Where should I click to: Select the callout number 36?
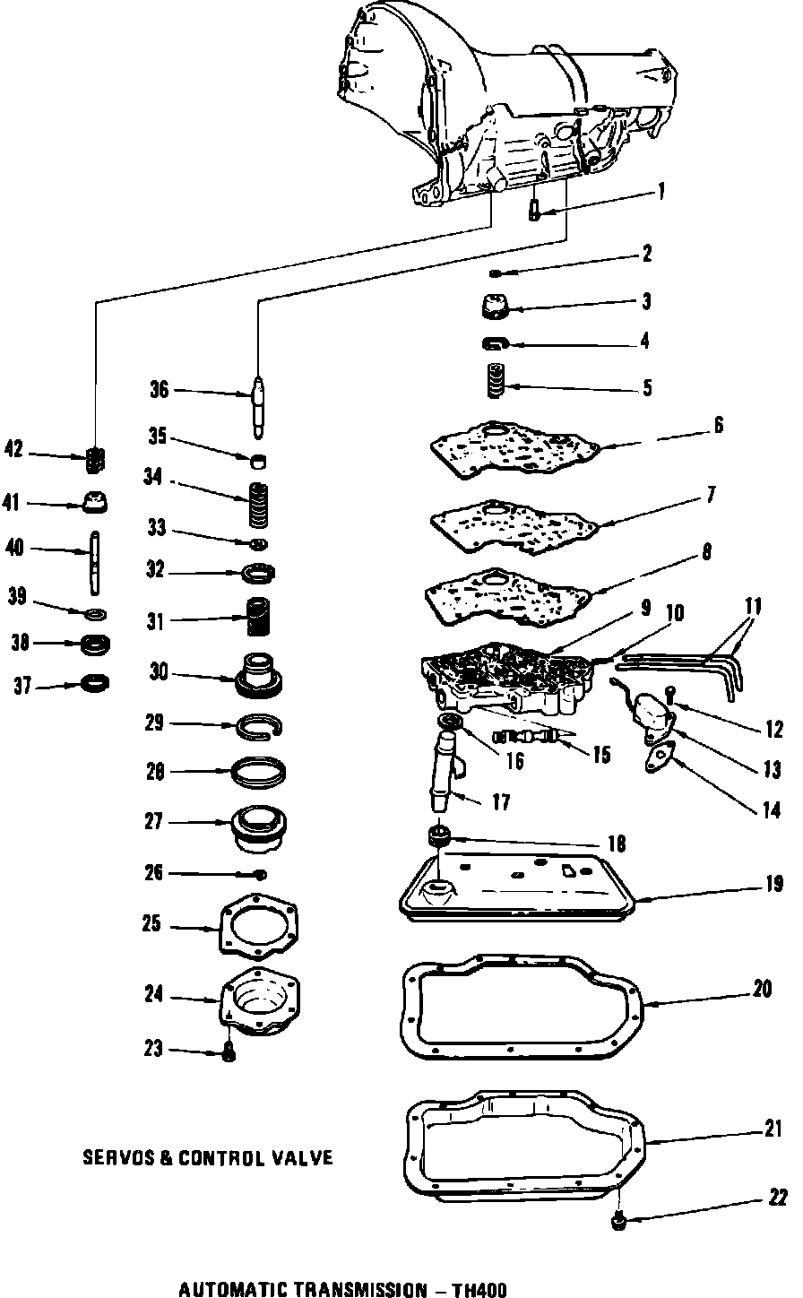pyautogui.click(x=159, y=390)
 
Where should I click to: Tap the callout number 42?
pyautogui.click(x=13, y=449)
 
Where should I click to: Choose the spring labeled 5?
pyautogui.click(x=495, y=381)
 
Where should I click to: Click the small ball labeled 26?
pyautogui.click(x=260, y=874)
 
